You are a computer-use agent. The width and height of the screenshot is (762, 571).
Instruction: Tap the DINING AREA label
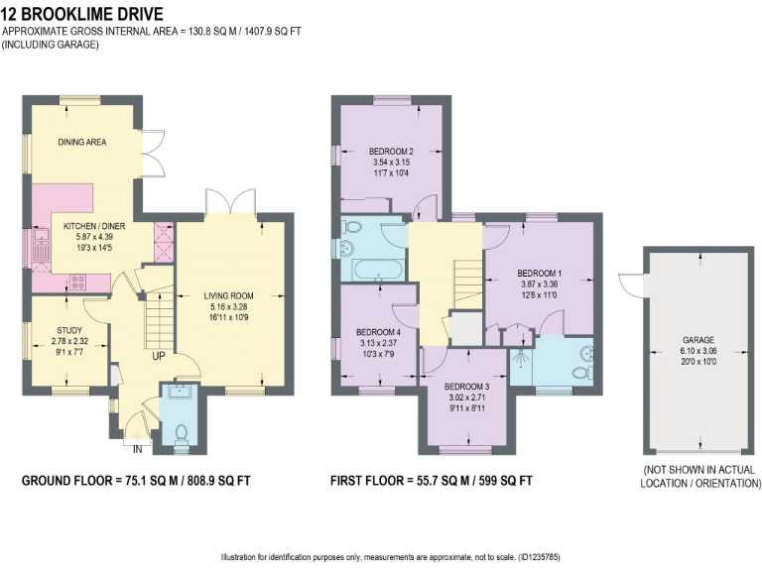click(x=81, y=142)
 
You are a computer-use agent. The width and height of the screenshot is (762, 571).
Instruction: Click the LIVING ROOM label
click(x=229, y=295)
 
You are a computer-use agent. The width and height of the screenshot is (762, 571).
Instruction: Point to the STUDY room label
click(x=69, y=330)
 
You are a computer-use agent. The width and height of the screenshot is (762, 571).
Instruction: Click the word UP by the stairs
click(x=158, y=357)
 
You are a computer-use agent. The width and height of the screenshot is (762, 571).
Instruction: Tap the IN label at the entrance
click(x=136, y=449)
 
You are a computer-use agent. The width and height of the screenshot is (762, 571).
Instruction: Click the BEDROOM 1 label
click(x=540, y=273)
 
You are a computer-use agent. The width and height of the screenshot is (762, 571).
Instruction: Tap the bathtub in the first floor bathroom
click(x=374, y=269)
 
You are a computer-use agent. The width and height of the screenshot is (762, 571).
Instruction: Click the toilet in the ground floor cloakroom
click(x=181, y=432)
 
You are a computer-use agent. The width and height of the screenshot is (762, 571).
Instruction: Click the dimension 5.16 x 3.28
click(x=229, y=307)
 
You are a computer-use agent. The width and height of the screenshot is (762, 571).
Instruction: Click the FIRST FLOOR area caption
click(x=432, y=481)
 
